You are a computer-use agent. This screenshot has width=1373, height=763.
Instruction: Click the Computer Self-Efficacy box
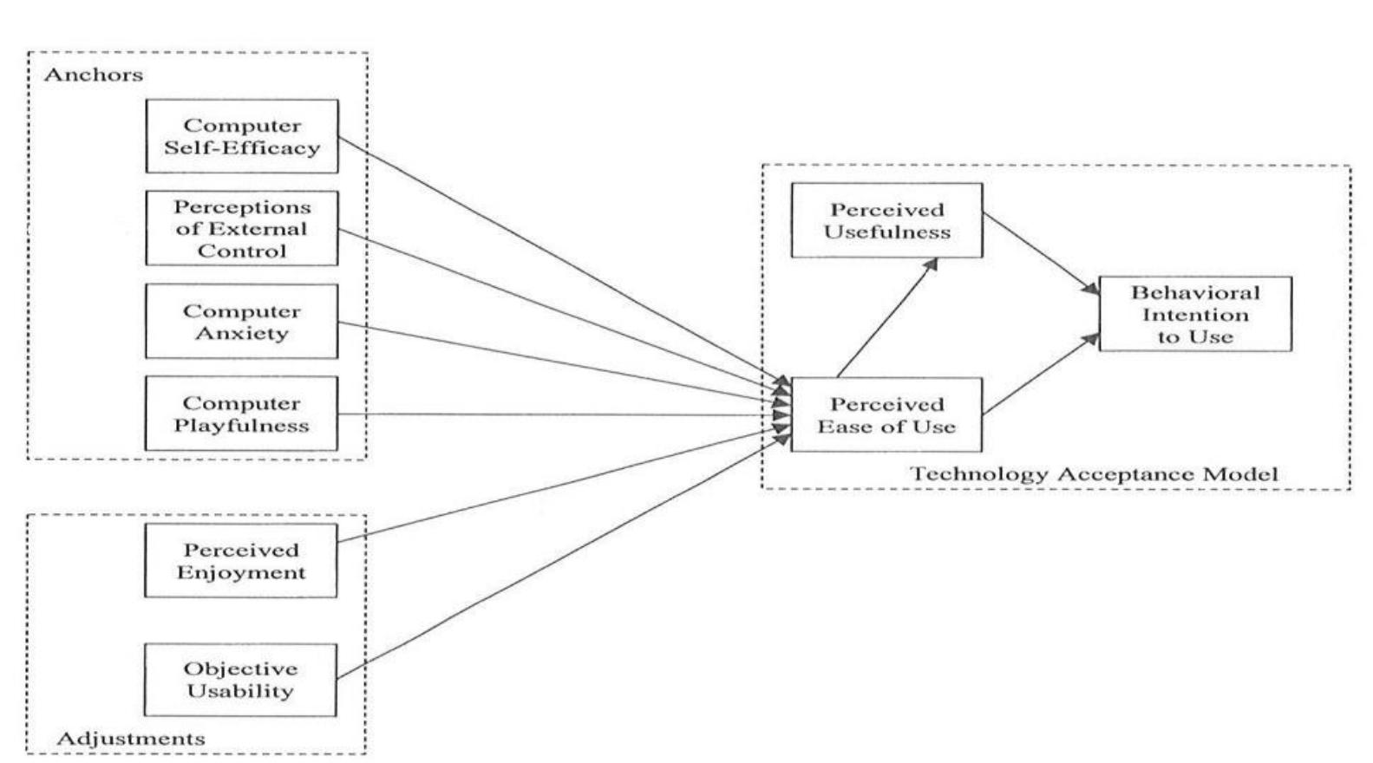coord(241,136)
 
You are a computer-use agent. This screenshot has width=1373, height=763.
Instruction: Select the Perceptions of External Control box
coord(241,229)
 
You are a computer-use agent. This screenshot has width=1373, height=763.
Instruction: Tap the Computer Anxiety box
coord(241,322)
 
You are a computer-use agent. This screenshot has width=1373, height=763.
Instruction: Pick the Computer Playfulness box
coord(241,414)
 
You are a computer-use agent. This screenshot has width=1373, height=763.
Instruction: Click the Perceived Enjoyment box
coord(240,561)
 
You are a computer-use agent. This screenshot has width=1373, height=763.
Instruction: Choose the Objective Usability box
coord(240,680)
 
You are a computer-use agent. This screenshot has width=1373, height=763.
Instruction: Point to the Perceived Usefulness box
coord(886,220)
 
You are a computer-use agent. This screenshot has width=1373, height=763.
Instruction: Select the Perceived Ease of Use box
coord(886,414)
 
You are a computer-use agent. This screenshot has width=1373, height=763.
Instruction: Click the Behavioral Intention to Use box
coord(1195,314)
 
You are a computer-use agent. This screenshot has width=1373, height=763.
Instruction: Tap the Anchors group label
coord(94,75)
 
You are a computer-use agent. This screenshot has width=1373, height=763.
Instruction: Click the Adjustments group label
coord(131,739)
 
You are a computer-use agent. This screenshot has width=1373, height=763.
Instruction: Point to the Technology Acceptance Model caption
coord(1094,474)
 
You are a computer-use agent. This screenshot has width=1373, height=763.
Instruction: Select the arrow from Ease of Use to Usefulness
coord(886,318)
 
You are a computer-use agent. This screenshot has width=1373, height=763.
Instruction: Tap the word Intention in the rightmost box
coord(1195,315)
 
